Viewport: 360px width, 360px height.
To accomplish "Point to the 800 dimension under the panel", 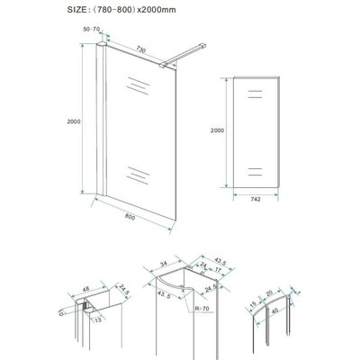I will (x=133, y=215).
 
